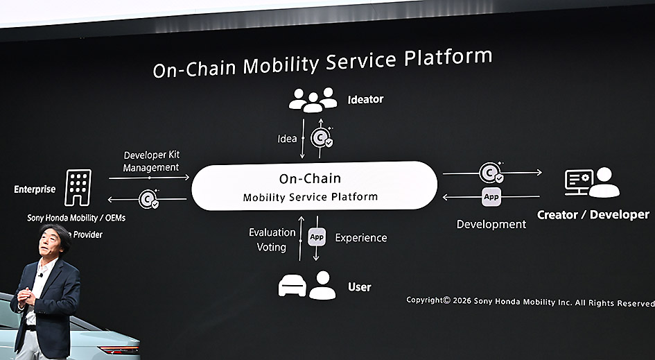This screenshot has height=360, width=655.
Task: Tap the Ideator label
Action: pyautogui.click(x=365, y=99)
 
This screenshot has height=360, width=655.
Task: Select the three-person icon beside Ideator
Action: pyautogui.click(x=313, y=100)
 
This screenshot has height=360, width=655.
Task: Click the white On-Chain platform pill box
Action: pyautogui.click(x=314, y=186)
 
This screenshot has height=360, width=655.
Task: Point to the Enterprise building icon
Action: pyautogui.click(x=78, y=187)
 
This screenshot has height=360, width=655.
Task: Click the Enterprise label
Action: pyautogui.click(x=35, y=189)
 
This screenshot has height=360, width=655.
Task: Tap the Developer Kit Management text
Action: pyautogui.click(x=151, y=161)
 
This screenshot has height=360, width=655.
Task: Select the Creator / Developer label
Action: pyautogui.click(x=593, y=215)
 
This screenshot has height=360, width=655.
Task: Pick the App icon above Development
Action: pyautogui.click(x=491, y=197)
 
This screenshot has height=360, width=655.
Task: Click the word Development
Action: pyautogui.click(x=491, y=224)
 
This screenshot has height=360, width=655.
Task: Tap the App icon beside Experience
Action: pyautogui.click(x=317, y=237)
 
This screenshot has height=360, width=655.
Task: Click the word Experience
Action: pyautogui.click(x=361, y=237)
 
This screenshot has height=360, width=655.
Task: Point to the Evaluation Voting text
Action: pyautogui.click(x=272, y=240)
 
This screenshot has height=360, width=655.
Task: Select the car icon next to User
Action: pyautogui.click(x=292, y=285)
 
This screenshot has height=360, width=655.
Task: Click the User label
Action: pyautogui.click(x=359, y=287)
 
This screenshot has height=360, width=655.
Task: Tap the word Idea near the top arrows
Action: pyautogui.click(x=287, y=139)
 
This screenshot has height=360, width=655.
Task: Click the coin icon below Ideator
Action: pyautogui.click(x=321, y=138)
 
